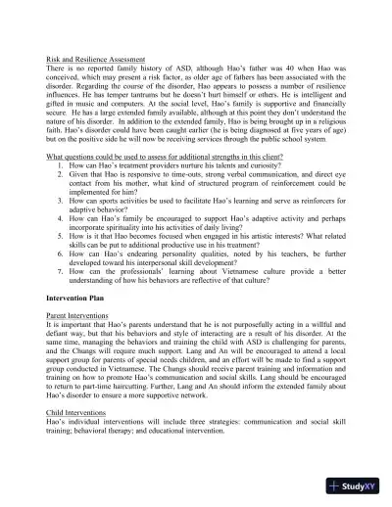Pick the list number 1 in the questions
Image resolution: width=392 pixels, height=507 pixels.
point(61,168)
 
